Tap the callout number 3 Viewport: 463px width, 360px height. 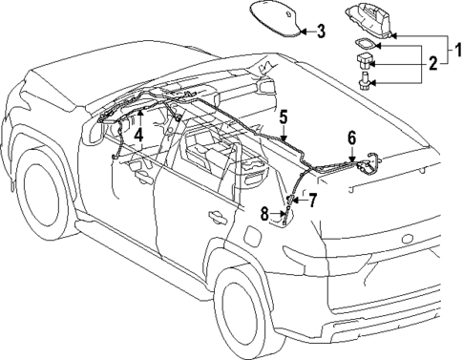pos(321,31)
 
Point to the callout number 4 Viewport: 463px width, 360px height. pos(138,135)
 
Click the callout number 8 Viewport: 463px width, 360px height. pos(265,214)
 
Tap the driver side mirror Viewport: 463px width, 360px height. pos(96,134)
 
